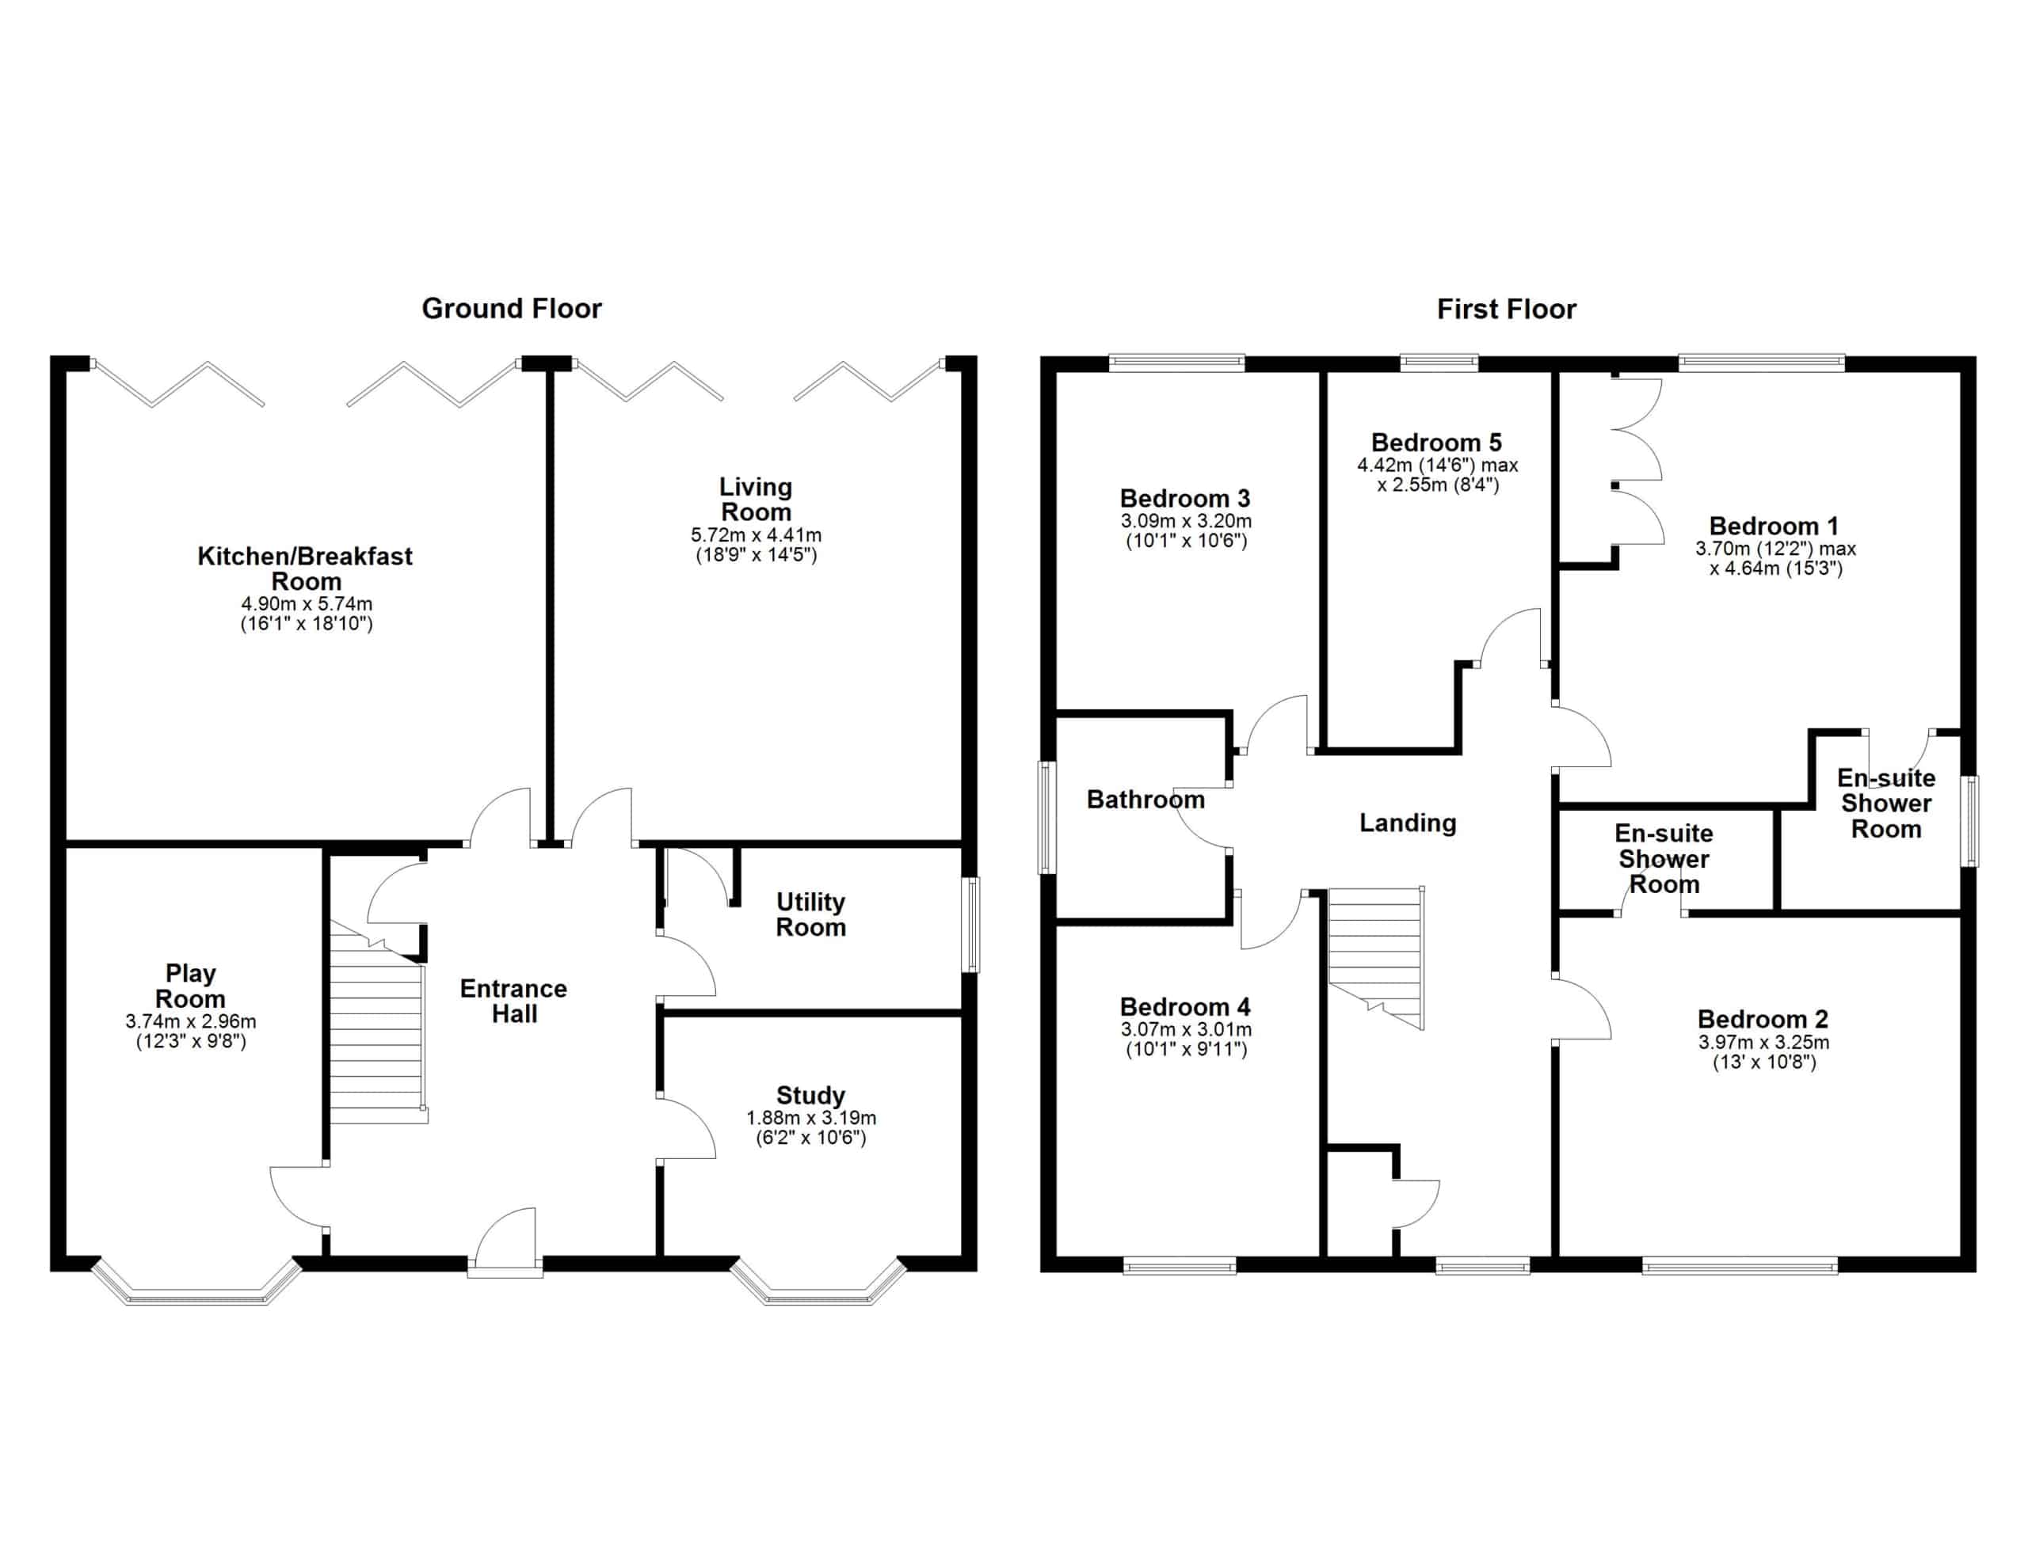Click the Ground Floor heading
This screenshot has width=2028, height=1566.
tap(512, 308)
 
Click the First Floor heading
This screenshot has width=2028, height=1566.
tap(1506, 309)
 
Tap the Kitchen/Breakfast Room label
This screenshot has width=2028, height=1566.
tap(306, 568)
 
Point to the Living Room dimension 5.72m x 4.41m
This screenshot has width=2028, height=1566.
tap(756, 534)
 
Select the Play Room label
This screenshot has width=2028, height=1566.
tap(190, 986)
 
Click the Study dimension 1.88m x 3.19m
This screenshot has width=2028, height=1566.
tap(810, 1118)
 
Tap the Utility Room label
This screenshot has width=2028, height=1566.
tap(810, 914)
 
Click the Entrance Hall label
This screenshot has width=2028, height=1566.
tap(513, 1001)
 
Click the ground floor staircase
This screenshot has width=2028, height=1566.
tap(378, 1022)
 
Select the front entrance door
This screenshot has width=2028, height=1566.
tap(505, 1241)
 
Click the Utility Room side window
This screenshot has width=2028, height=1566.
tap(970, 925)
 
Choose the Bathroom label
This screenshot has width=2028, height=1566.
tap(1146, 800)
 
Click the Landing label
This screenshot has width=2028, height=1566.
tap(1408, 823)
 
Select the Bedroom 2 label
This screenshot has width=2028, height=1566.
tap(1763, 1018)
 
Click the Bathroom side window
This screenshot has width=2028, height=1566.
tap(1046, 818)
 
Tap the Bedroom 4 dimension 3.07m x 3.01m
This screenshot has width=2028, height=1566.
tap(1186, 1028)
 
